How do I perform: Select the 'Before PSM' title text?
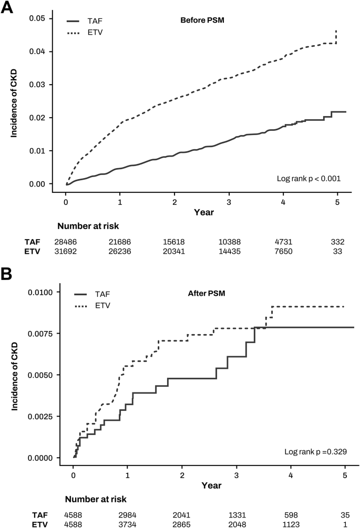(x=197, y=20)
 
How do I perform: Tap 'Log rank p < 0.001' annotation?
(x=308, y=179)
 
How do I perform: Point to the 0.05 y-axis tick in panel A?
(x=43, y=19)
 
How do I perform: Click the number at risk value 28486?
(x=66, y=242)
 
